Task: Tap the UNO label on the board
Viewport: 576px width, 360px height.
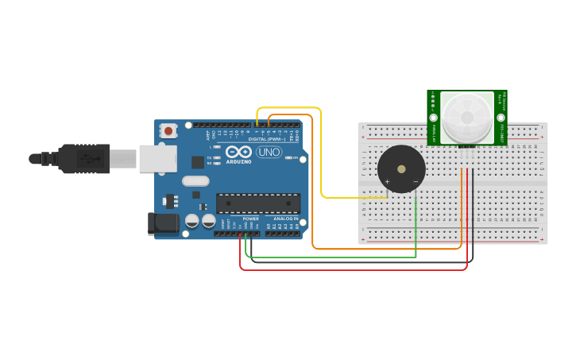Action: click(x=269, y=152)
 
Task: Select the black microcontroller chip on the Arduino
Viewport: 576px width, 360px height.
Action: click(x=258, y=203)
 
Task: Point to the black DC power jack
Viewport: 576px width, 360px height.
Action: click(x=164, y=223)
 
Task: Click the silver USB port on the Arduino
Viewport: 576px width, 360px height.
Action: click(x=157, y=158)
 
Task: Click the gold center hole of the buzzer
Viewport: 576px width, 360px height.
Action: click(x=401, y=168)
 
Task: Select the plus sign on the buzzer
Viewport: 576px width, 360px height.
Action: click(x=387, y=182)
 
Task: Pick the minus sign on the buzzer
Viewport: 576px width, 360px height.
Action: click(x=416, y=182)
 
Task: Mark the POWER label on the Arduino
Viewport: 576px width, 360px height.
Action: click(x=250, y=219)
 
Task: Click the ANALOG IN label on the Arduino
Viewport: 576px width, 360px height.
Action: click(x=284, y=219)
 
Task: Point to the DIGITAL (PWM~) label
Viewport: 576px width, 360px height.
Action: click(x=265, y=138)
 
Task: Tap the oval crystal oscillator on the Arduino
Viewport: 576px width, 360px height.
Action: click(x=195, y=181)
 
